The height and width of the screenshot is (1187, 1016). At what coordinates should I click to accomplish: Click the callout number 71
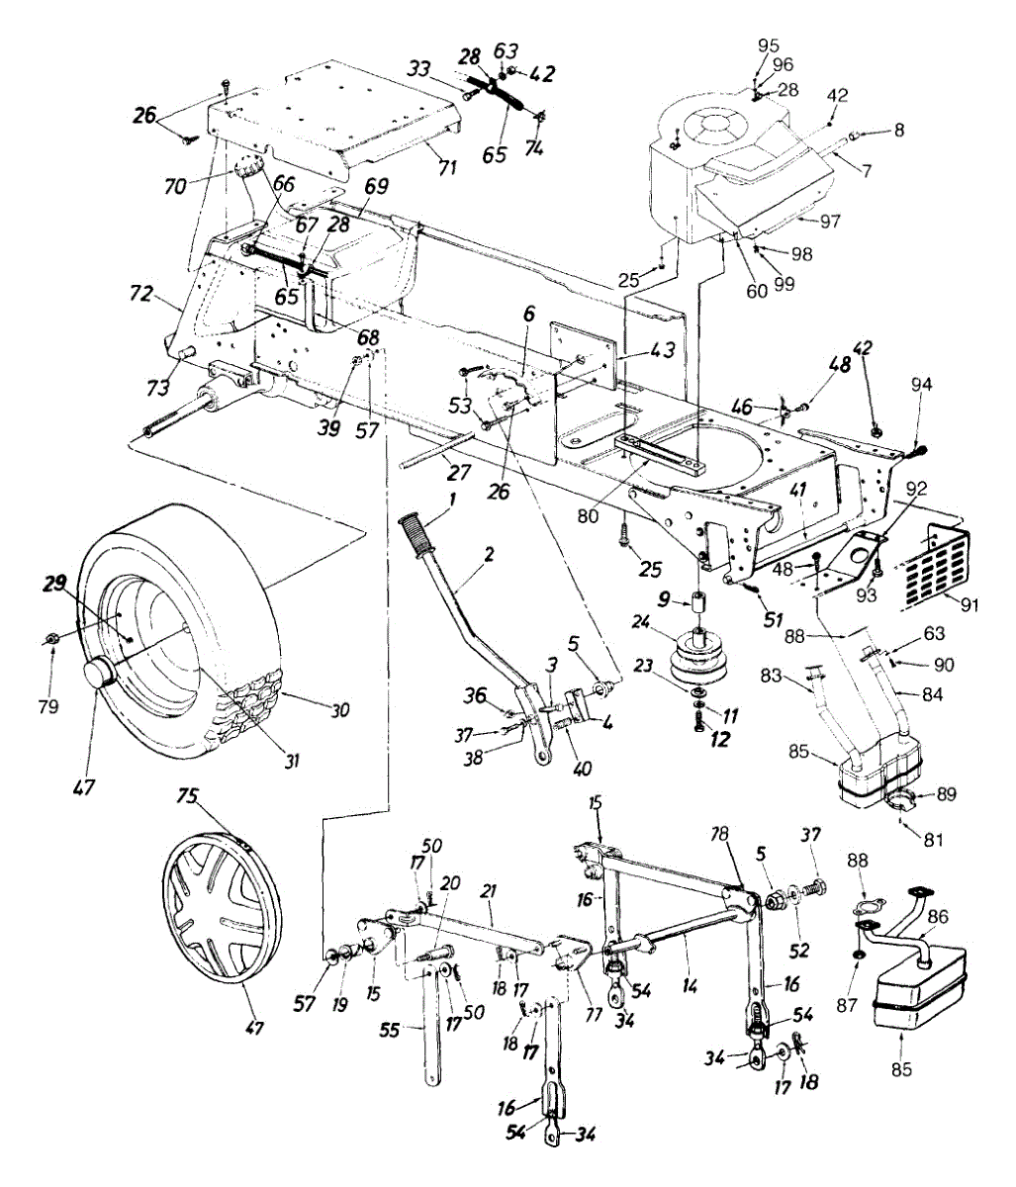[x=447, y=168]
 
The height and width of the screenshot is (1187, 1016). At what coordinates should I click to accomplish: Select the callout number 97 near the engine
[x=829, y=221]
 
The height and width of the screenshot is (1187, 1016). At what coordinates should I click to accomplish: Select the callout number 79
[x=47, y=706]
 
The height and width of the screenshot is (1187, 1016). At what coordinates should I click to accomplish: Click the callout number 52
[x=798, y=951]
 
